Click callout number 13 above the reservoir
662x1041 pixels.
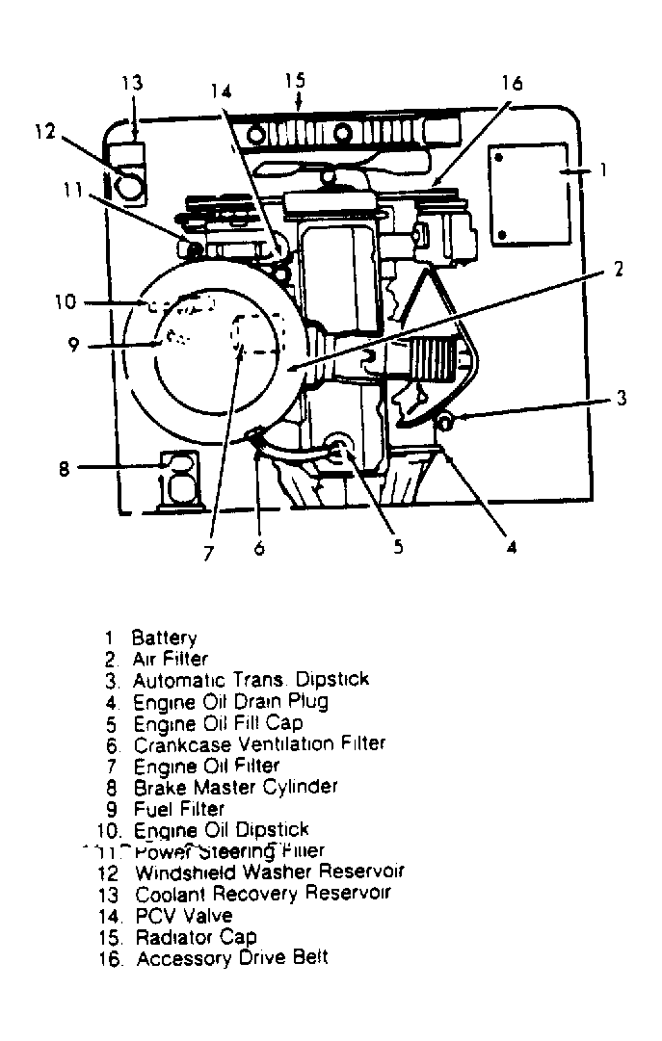coord(132,82)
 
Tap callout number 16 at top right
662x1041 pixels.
coord(512,83)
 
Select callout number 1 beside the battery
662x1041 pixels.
coord(602,170)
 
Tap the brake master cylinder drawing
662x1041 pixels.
coord(179,477)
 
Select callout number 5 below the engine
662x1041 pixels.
coord(397,547)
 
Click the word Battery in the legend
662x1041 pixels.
coord(164,638)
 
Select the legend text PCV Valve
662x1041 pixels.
coord(184,916)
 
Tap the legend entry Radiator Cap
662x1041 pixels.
coord(197,937)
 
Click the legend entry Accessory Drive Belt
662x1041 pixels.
coord(232,958)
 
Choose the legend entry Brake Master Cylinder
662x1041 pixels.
coord(235,787)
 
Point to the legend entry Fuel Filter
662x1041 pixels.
coord(179,809)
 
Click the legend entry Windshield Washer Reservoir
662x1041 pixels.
coord(269,872)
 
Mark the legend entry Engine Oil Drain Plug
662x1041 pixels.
coord(230,701)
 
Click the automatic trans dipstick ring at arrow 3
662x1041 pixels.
coord(444,420)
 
